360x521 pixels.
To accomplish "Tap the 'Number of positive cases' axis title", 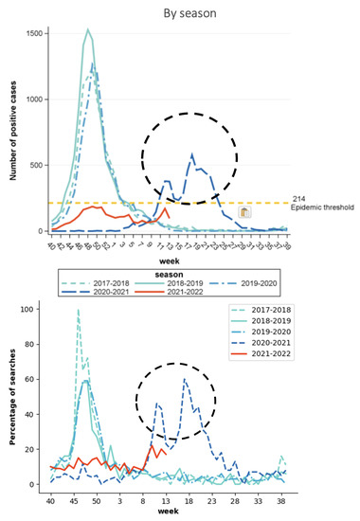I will pyautogui.click(x=10, y=132).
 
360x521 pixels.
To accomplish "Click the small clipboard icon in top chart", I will pyautogui.click(x=244, y=214).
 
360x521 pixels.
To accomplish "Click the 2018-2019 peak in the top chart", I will pyautogui.click(x=87, y=29).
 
